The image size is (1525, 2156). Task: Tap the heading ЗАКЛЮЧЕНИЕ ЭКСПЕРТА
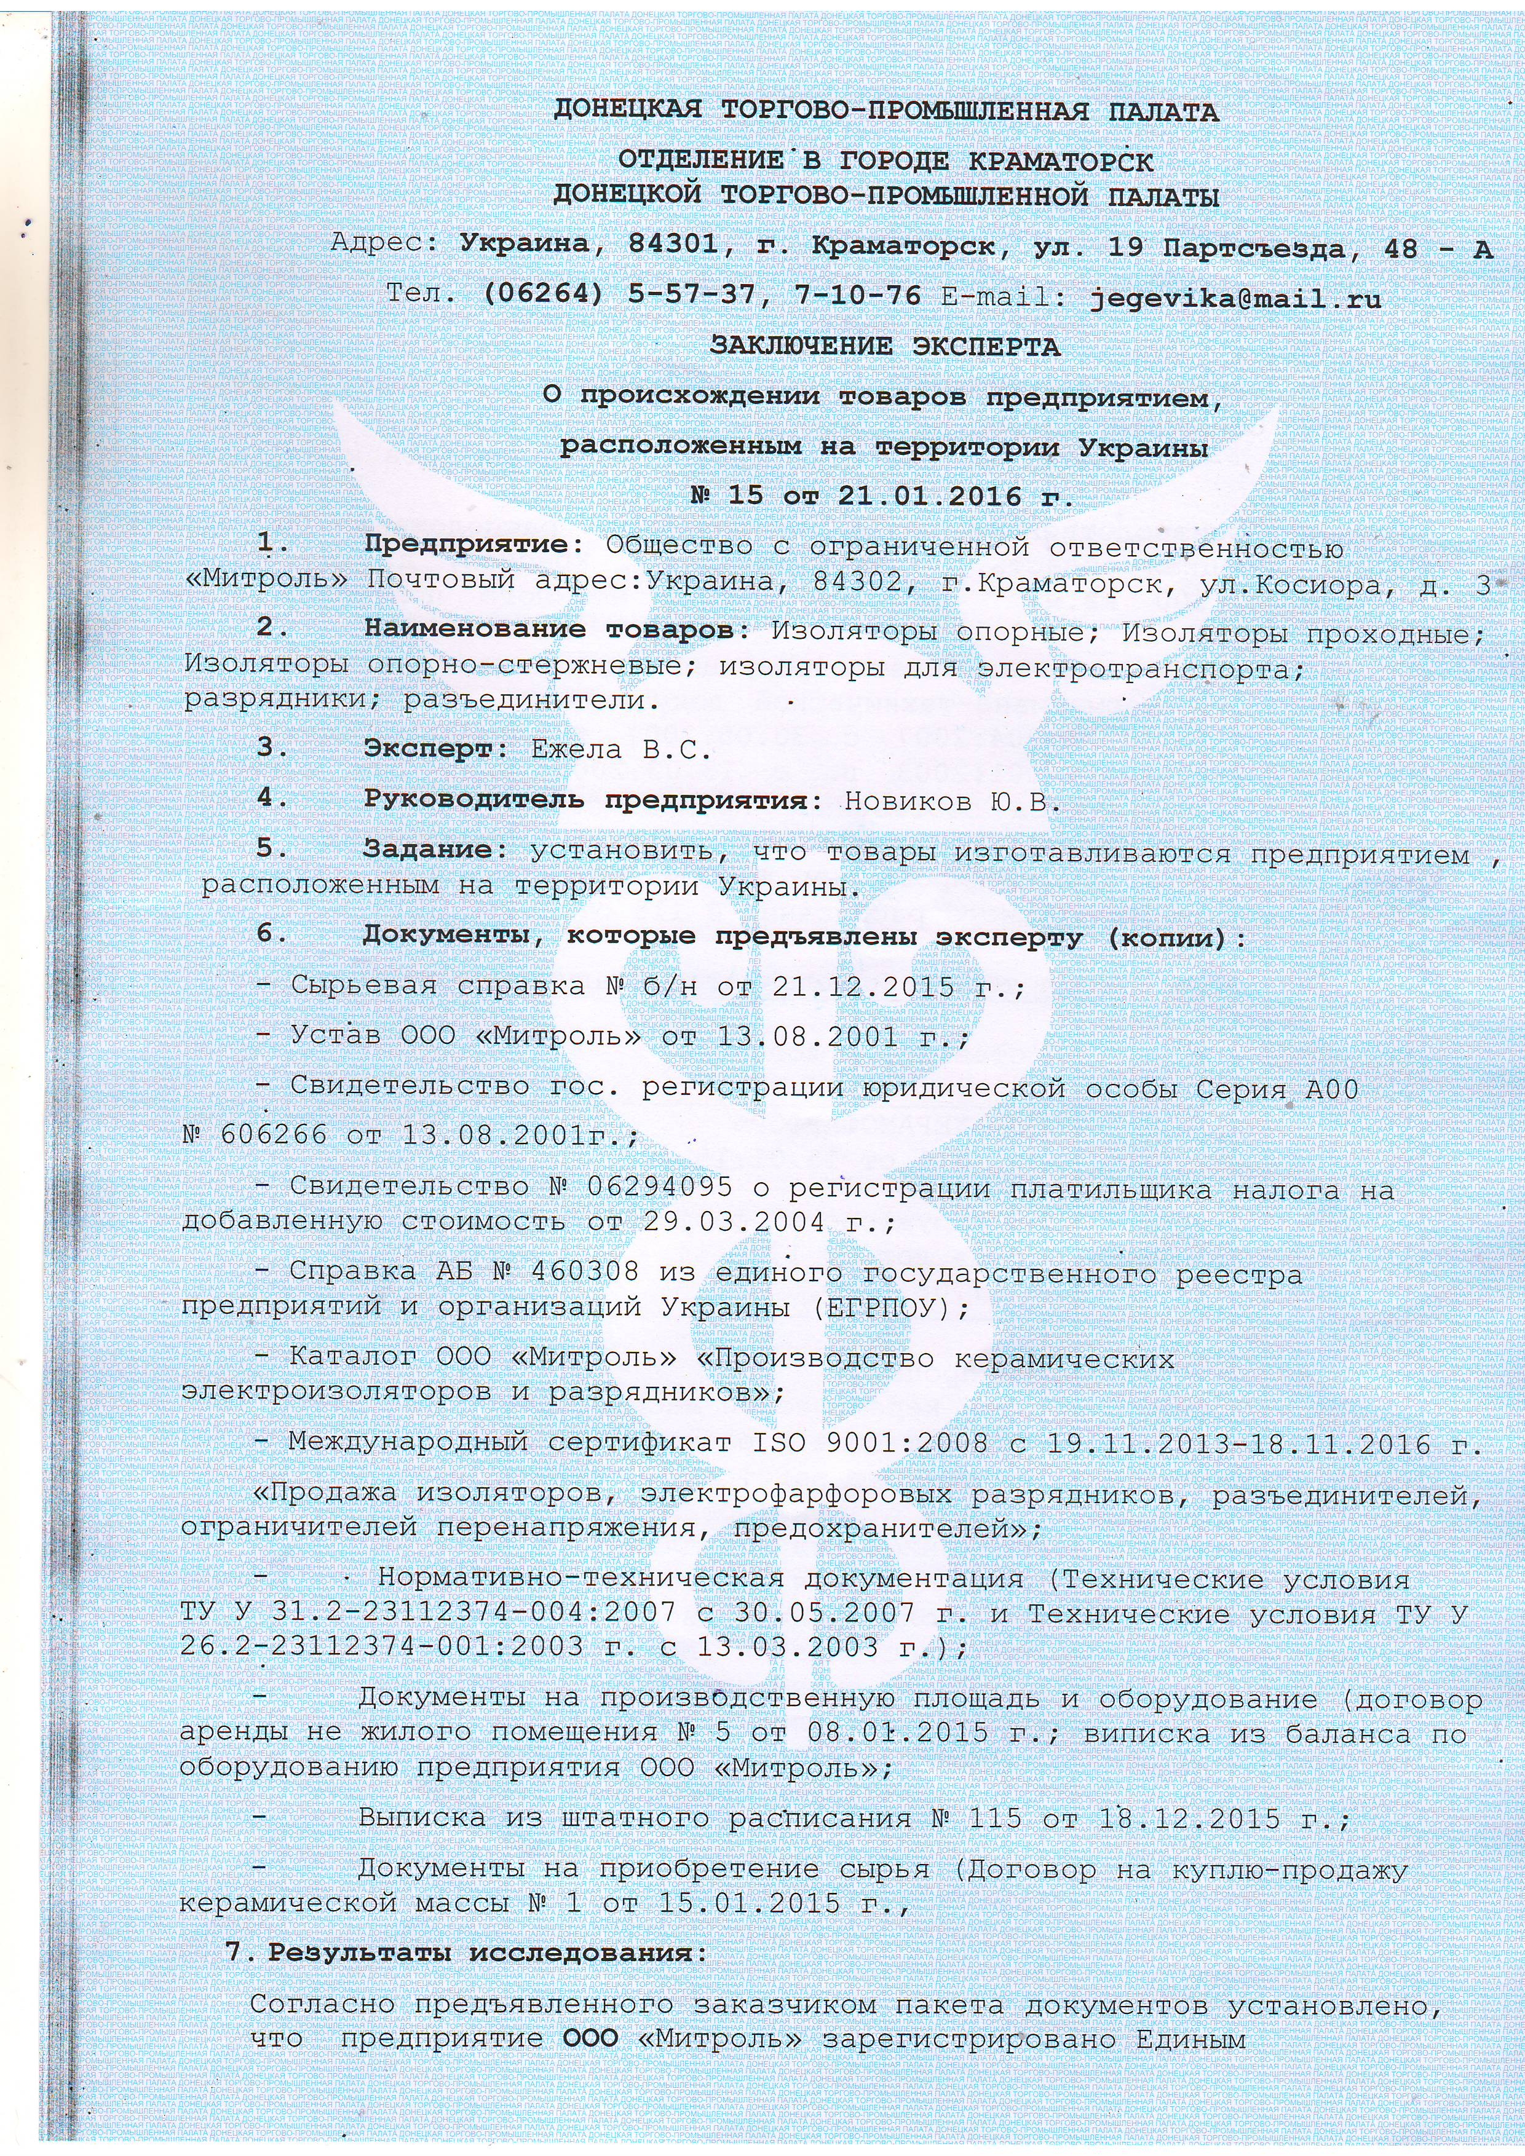(x=885, y=347)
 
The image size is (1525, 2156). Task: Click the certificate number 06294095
(x=657, y=1187)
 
